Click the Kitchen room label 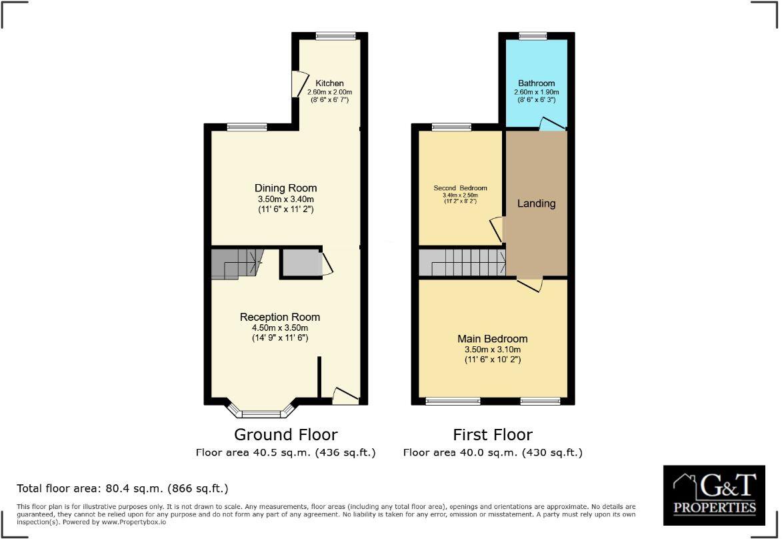point(329,83)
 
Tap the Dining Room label point(285,188)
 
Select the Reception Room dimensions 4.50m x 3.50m point(280,328)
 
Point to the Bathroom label point(536,83)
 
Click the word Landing point(536,203)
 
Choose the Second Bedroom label point(460,188)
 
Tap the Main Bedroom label point(492,339)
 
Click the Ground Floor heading point(285,435)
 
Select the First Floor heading point(492,435)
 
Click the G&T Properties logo point(714,494)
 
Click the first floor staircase point(462,262)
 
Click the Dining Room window point(247,127)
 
